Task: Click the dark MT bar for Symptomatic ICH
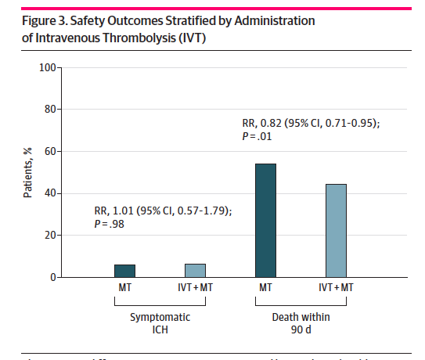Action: pyautogui.click(x=124, y=271)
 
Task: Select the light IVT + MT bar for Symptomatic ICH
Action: pyautogui.click(x=195, y=271)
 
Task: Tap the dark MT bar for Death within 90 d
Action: pyautogui.click(x=265, y=221)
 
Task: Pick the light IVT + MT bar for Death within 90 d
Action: pyautogui.click(x=336, y=231)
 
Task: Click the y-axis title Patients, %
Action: pyautogui.click(x=27, y=172)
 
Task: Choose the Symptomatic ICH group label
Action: pyautogui.click(x=160, y=322)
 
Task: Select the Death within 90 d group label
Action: pyautogui.click(x=301, y=322)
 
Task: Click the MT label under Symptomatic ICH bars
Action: pyautogui.click(x=124, y=288)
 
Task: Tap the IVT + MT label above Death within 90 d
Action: pyautogui.click(x=336, y=288)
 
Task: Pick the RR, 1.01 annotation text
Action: pyautogui.click(x=162, y=211)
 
